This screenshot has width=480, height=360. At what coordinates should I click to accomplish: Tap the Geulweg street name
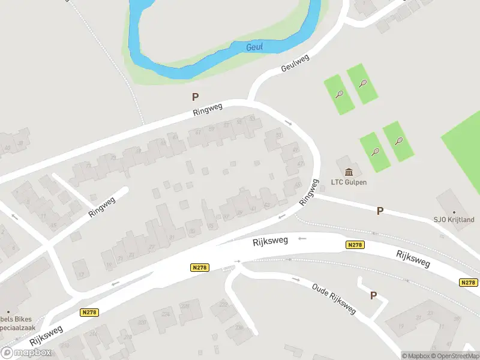click(x=295, y=63)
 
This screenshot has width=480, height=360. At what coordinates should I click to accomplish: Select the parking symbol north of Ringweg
click(x=195, y=97)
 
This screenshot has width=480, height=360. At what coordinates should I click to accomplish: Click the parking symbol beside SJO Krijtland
click(x=380, y=211)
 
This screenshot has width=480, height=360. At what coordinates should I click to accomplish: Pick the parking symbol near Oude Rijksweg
click(x=373, y=295)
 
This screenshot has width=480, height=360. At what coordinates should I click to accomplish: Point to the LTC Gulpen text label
click(x=349, y=182)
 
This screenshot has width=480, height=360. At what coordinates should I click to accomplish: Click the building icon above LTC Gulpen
click(x=349, y=172)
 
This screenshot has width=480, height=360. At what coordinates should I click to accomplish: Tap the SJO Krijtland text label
click(x=454, y=220)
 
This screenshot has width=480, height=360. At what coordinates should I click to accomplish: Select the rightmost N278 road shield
click(x=469, y=283)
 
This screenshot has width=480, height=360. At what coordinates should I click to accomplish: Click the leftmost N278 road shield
click(x=89, y=312)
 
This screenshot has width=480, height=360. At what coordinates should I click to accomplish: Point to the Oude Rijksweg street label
click(x=334, y=298)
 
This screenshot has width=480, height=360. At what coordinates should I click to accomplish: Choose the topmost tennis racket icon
click(x=362, y=83)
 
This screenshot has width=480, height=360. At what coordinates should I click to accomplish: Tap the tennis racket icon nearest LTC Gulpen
click(x=376, y=151)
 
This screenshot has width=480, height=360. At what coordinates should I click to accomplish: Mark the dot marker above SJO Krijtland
click(x=454, y=212)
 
